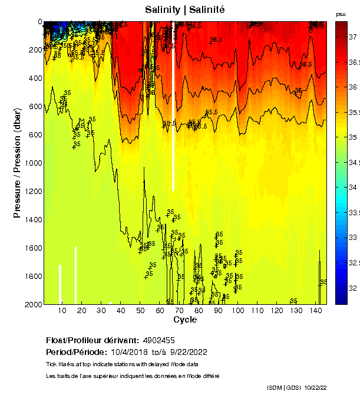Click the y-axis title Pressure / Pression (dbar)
point(17,163)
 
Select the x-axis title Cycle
point(185,320)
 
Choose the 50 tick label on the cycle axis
point(140,311)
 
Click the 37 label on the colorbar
point(354,36)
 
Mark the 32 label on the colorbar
point(354,288)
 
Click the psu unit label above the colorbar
point(341,14)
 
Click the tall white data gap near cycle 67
point(173,118)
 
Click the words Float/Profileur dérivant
point(92,341)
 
